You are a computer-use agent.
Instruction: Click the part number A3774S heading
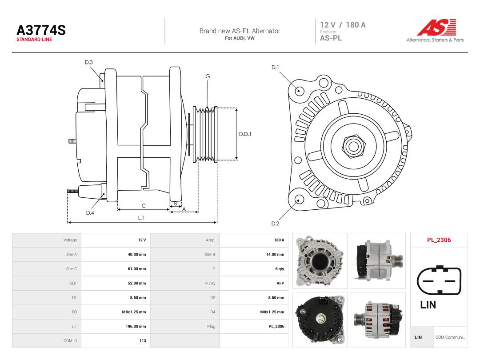41,30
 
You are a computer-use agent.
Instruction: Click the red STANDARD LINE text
34,40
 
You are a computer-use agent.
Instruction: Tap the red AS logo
436,28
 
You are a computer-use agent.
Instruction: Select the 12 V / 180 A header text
343,25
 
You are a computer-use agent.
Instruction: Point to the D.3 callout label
89,63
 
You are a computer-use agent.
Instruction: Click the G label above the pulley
208,76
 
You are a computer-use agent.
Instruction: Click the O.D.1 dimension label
245,134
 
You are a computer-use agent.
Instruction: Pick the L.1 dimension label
141,218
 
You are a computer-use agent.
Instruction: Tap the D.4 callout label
90,213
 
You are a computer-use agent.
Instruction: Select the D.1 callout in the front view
275,68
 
